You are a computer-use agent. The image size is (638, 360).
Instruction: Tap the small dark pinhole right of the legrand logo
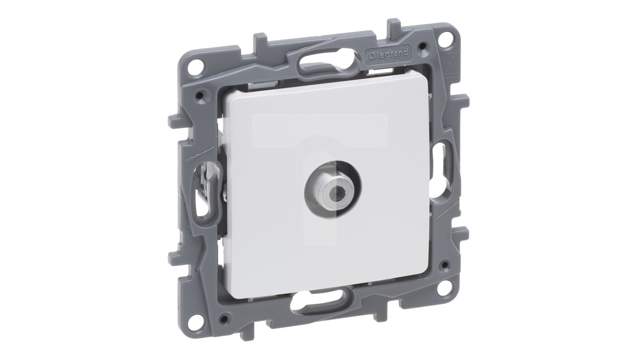click(x=424, y=45)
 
